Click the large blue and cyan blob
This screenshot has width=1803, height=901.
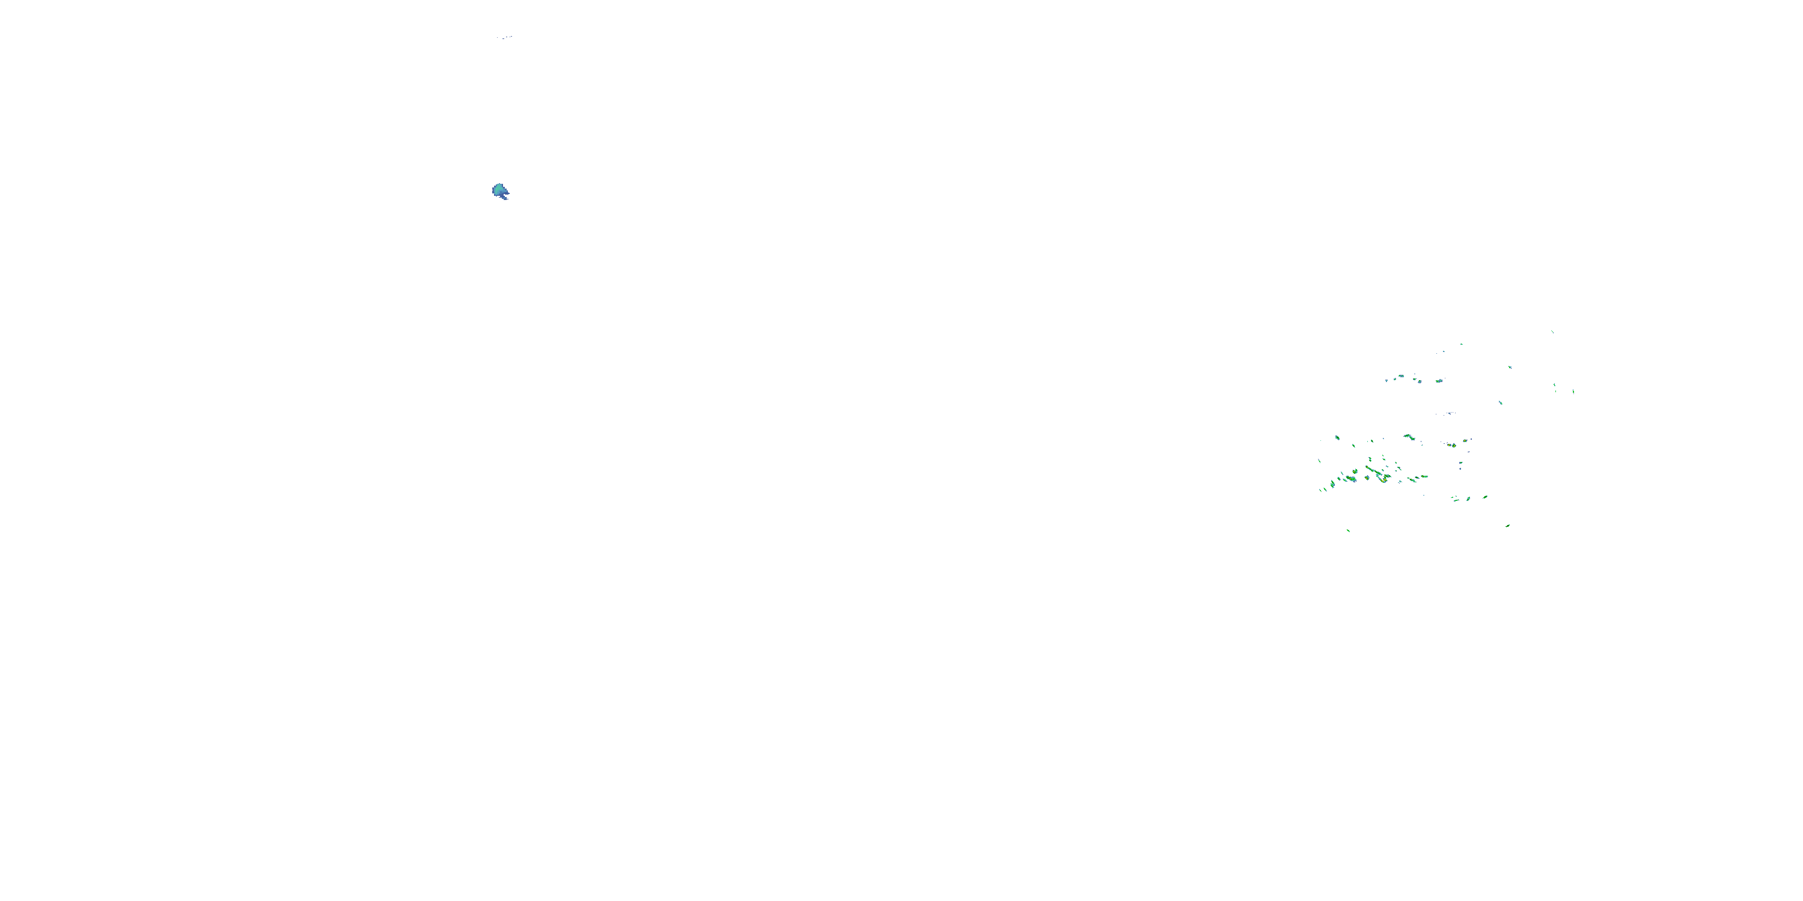[x=500, y=190]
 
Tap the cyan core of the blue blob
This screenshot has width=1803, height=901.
[x=498, y=189]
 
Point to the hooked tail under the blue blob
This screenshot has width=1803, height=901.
[x=504, y=196]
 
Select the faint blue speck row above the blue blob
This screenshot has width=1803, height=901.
[x=505, y=37]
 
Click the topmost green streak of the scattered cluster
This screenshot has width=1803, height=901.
[x=1552, y=332]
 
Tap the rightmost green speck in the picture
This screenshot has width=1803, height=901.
[x=1573, y=391]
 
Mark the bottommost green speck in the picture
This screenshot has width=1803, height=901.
[x=1348, y=530]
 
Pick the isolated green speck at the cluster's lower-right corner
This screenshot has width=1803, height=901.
[x=1508, y=526]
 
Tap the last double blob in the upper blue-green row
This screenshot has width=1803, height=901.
[x=1439, y=381]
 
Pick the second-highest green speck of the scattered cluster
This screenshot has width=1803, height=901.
[x=1462, y=344]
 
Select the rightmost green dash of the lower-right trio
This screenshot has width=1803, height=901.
[x=1484, y=497]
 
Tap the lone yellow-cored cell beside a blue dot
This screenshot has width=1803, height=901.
[x=1453, y=445]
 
